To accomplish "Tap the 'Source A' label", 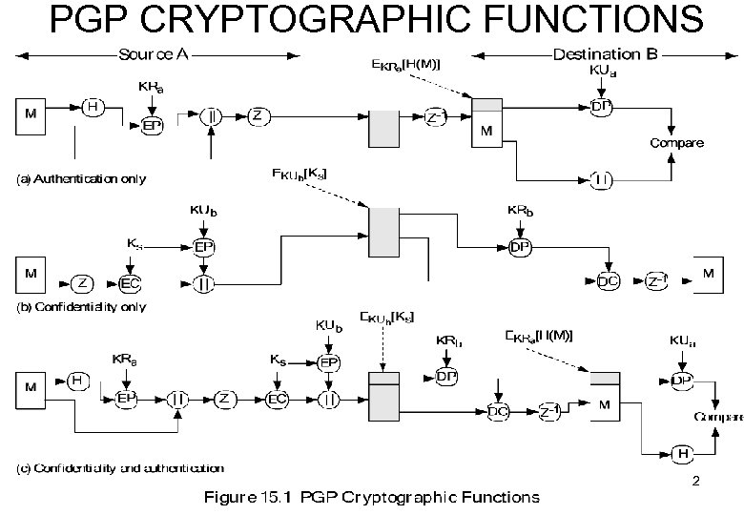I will [153, 54].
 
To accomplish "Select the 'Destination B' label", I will [605, 54].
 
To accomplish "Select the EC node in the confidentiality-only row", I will [132, 282].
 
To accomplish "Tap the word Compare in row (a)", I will [677, 143].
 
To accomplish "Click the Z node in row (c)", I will [225, 399].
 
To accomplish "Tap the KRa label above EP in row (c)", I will [123, 360].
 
